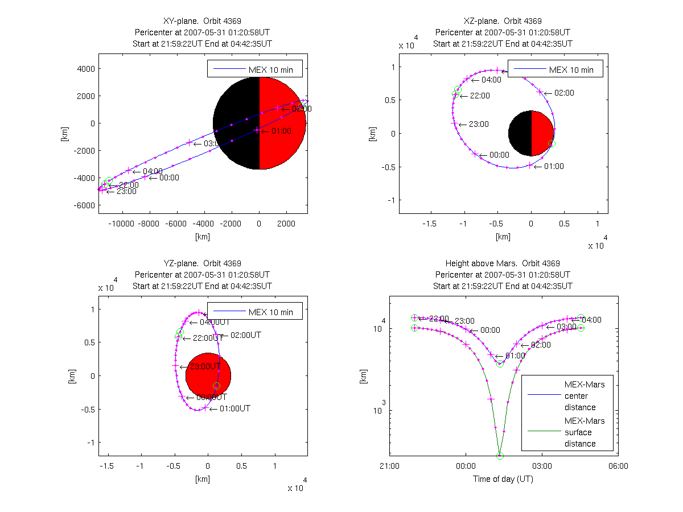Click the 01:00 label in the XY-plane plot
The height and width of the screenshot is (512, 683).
[282, 131]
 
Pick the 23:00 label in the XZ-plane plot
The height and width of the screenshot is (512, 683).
[480, 124]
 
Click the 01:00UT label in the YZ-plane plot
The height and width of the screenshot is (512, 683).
[234, 408]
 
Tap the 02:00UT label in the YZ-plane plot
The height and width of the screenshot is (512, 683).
[245, 335]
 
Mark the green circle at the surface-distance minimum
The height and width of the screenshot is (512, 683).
[500, 456]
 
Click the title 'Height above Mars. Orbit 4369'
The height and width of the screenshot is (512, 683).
[503, 263]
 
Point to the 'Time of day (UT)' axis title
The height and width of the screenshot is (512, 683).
[503, 479]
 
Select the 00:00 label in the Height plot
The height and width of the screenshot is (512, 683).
[490, 330]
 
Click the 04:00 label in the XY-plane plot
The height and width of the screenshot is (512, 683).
[153, 171]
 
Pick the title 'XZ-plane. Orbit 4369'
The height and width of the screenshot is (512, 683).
[503, 21]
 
